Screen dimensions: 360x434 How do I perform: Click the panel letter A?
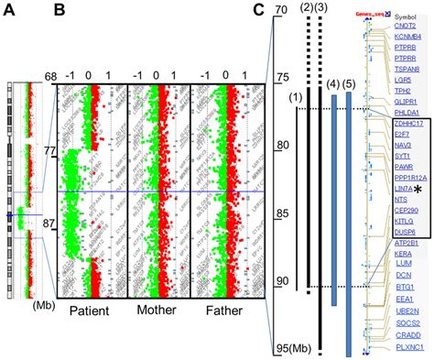tap(9, 12)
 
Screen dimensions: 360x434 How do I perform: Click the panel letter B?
tap(58, 12)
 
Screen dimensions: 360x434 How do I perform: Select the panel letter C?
tap(259, 12)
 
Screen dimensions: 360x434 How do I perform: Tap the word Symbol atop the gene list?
tap(407, 16)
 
